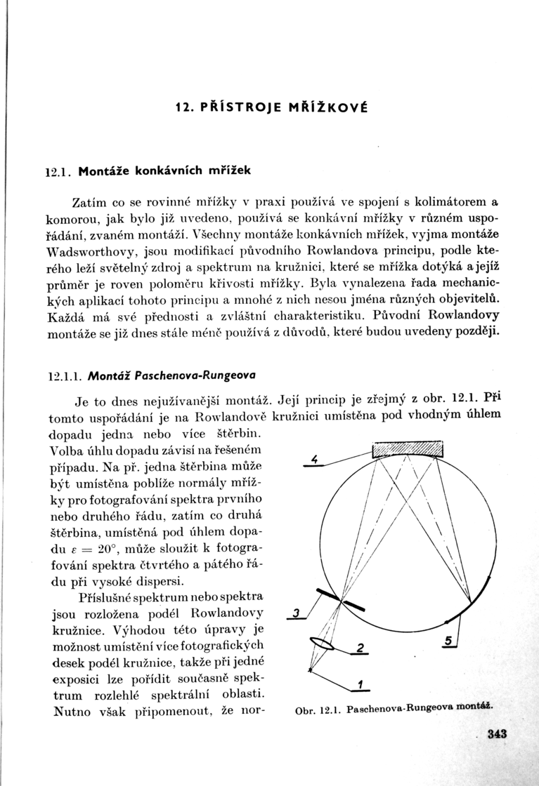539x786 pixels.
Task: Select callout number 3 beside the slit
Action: pos(297,613)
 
